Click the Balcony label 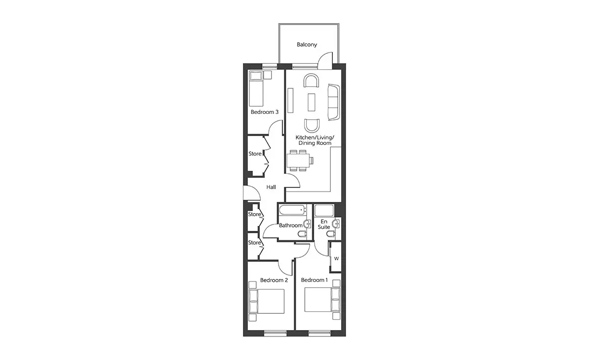[307, 45]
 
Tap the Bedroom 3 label [264, 112]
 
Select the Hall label [271, 187]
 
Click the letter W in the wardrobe [336, 259]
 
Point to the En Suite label [323, 224]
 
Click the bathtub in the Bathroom [293, 210]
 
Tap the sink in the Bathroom [307, 224]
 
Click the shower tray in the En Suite [324, 210]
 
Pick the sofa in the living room [334, 102]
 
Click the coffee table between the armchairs [311, 102]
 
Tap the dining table [298, 160]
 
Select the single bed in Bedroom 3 [256, 88]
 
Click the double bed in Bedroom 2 [267, 302]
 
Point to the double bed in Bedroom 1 [322, 300]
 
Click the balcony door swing [325, 60]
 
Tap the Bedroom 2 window [275, 333]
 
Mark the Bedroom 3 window [270, 66]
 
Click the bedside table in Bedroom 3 [268, 75]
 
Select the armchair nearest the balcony [311, 80]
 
